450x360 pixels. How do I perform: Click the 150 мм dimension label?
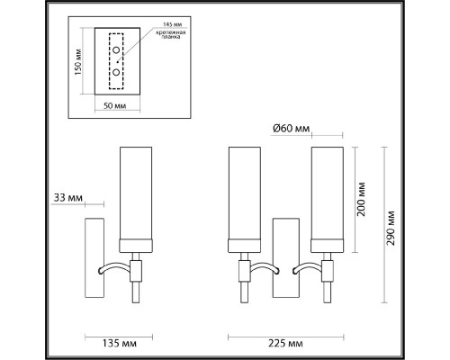click(78, 61)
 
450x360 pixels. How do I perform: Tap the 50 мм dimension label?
click(114, 105)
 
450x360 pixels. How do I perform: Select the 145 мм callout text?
click(173, 24)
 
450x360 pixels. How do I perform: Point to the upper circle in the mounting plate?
click(116, 50)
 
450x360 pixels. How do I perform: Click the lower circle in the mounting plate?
click(116, 72)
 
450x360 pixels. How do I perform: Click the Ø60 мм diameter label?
click(291, 129)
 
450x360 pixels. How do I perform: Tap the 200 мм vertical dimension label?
click(361, 199)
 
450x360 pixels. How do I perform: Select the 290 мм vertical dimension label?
click(391, 228)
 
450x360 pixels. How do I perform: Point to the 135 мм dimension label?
click(120, 343)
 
